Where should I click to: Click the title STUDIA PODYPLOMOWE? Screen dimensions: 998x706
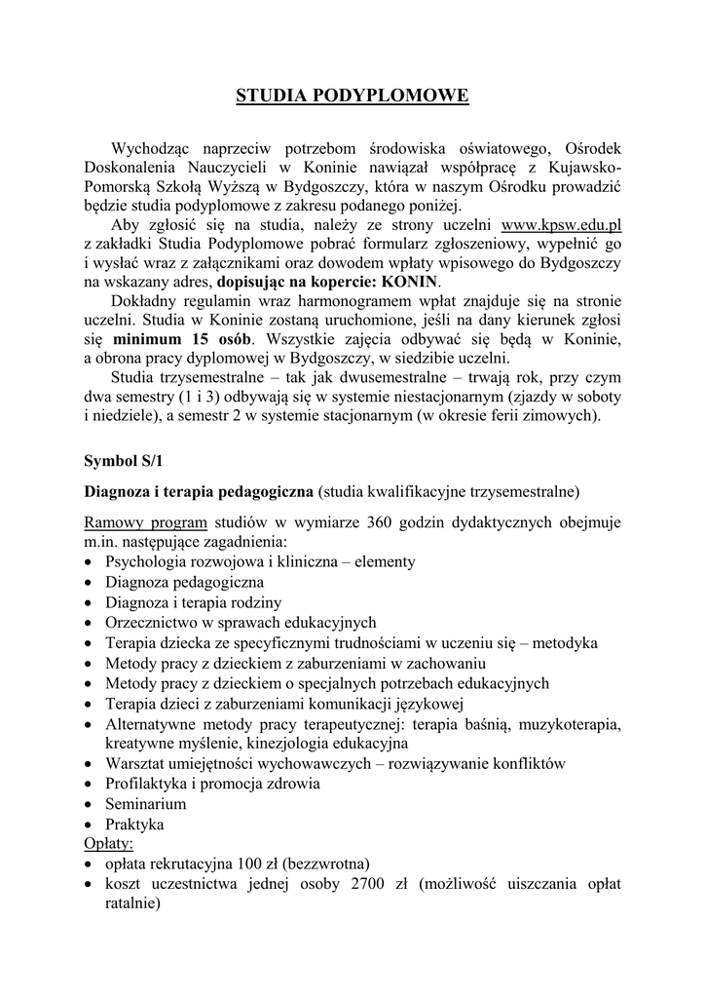pos(353,96)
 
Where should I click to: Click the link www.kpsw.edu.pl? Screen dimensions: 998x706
pos(561,224)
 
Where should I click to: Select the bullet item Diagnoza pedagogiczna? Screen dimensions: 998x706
pos(185,582)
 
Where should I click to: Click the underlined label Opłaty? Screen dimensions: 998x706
pos(109,843)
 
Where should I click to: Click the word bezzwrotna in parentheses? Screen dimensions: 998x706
pos(328,864)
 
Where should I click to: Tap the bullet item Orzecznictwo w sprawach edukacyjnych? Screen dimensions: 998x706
pos(241,622)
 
